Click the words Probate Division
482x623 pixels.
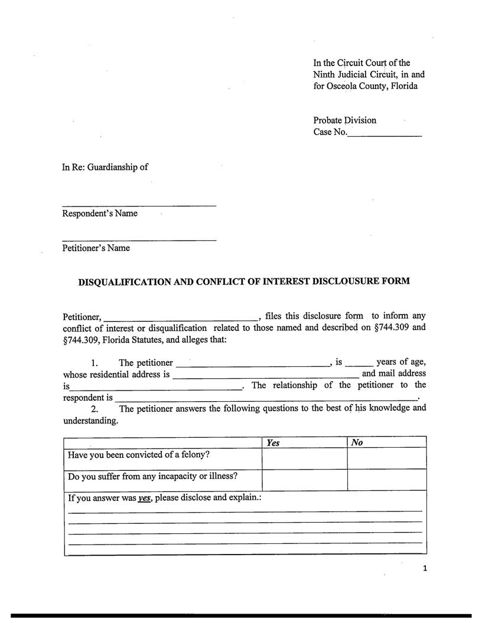pos(344,120)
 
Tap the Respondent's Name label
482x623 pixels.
pos(100,214)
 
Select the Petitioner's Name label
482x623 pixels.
pos(96,248)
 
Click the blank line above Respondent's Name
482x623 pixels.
pos(139,204)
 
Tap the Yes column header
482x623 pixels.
pos(273,442)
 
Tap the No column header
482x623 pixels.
pos(357,442)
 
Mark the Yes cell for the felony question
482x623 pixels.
pos(304,458)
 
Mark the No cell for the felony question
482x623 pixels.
pos(387,458)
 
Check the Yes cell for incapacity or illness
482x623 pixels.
pos(304,480)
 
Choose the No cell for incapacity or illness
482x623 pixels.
pos(387,480)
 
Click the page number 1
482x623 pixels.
pos(424,569)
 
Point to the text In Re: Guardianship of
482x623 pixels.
pos(105,167)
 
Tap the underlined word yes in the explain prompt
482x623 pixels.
pos(145,498)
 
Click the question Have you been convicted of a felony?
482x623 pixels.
pos(138,455)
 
